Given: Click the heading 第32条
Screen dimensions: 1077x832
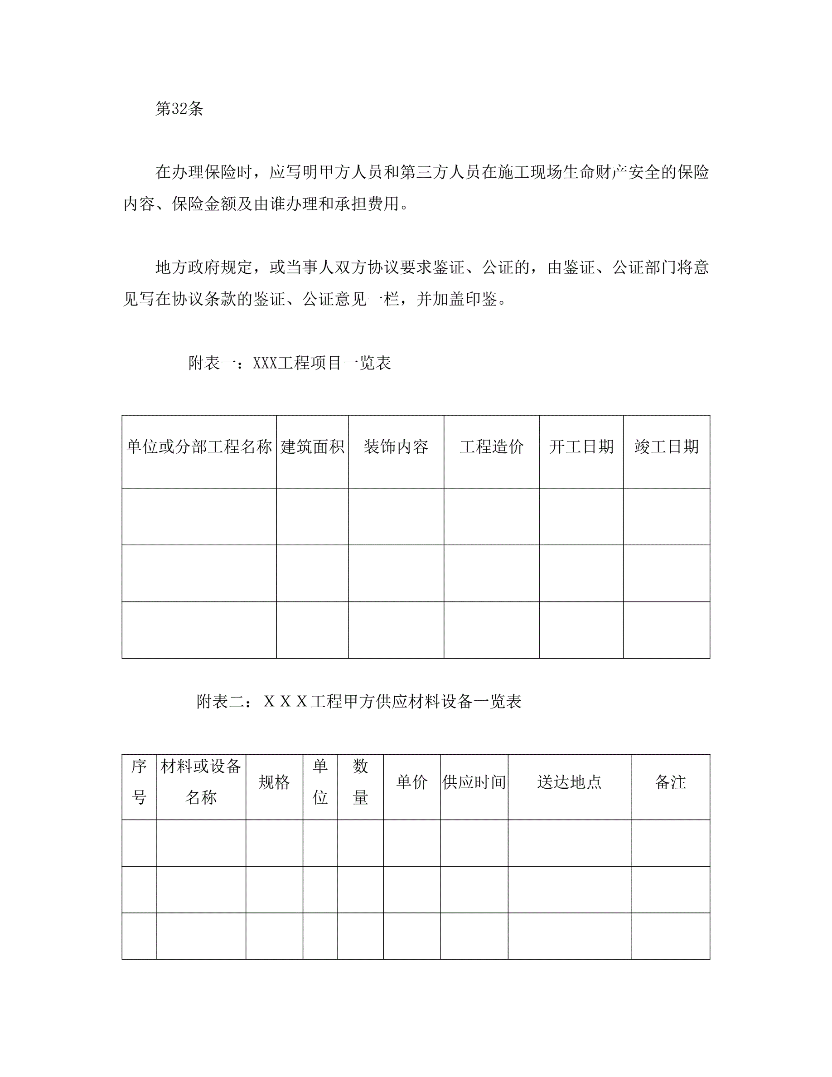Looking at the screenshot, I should (x=179, y=109).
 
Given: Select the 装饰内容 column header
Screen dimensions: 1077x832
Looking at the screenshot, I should (x=396, y=447).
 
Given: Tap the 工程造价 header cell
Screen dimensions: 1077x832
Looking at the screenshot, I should (x=491, y=447).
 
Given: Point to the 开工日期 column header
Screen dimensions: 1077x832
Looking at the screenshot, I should (x=581, y=447).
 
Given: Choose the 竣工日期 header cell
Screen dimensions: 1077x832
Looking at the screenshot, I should (x=667, y=447).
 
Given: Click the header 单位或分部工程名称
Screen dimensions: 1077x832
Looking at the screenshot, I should (x=199, y=447).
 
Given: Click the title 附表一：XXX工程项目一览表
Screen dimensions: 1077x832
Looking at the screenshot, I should (x=290, y=363).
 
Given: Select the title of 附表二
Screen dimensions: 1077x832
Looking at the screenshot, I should (x=359, y=701).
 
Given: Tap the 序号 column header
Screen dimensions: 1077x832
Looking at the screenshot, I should (x=139, y=782).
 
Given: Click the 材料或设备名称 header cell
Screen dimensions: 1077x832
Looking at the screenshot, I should (x=201, y=782).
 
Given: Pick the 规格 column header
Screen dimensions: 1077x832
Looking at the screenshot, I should (x=274, y=782).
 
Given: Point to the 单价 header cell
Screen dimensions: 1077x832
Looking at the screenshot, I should (x=411, y=782).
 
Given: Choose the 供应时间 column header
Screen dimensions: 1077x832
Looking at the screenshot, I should (x=474, y=782).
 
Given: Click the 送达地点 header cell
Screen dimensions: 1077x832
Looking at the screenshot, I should (x=569, y=782).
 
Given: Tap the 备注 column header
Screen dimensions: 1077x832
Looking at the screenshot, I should (x=670, y=782).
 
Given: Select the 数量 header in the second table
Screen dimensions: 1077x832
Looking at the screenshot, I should (x=360, y=782).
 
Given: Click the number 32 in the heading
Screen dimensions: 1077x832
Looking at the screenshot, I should (x=179, y=109).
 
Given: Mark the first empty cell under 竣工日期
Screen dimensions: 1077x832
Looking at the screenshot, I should (x=667, y=516).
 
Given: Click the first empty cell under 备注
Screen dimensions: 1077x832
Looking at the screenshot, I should (x=670, y=843).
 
